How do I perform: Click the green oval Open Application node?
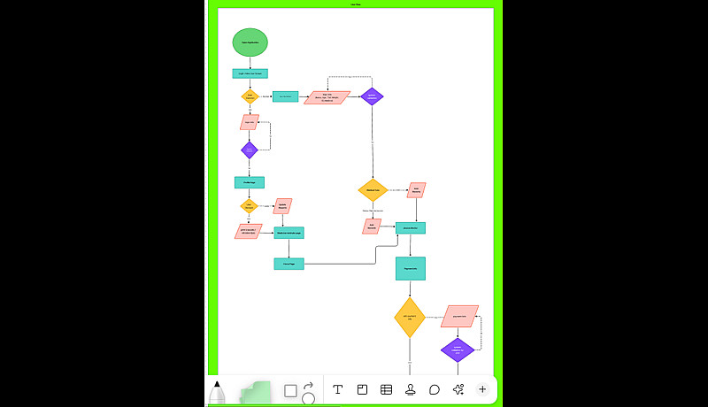tap(250, 42)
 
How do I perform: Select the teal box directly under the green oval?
tap(250, 73)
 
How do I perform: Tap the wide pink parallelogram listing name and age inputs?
tap(327, 97)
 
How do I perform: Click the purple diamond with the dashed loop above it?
tap(372, 96)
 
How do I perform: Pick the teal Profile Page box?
tap(250, 182)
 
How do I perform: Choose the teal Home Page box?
tap(289, 264)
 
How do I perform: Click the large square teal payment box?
tap(411, 269)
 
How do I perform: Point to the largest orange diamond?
tap(410, 317)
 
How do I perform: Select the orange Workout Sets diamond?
tap(373, 189)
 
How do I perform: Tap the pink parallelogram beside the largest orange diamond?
tap(459, 316)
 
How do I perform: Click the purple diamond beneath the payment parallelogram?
tap(458, 349)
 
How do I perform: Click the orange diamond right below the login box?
tap(250, 96)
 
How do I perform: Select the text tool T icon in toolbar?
tap(337, 389)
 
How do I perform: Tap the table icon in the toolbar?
tap(387, 389)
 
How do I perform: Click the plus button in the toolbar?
tap(482, 389)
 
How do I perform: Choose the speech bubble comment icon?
tap(435, 389)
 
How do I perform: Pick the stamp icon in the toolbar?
tap(411, 389)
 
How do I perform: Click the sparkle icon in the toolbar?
tap(458, 389)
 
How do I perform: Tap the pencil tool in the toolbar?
tap(217, 392)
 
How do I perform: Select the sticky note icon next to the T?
tap(362, 389)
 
